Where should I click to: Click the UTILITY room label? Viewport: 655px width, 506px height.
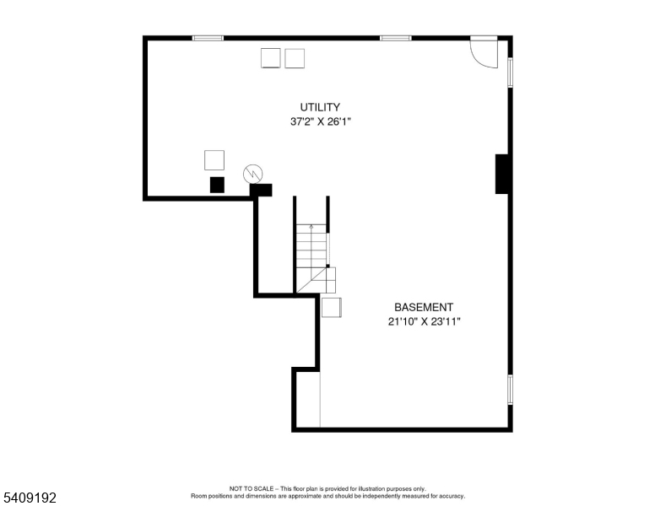click(320, 107)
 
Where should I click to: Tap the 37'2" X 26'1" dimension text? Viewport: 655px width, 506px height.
click(321, 122)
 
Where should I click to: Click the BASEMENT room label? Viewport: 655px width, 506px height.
click(424, 307)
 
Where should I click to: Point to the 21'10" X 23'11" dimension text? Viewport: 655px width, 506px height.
click(424, 322)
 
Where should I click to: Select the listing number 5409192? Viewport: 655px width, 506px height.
click(30, 498)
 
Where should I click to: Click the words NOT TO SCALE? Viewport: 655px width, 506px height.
click(251, 488)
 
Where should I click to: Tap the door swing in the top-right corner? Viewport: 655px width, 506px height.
click(484, 53)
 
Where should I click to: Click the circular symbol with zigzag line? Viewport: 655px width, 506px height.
click(253, 174)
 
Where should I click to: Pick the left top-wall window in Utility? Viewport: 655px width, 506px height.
click(208, 38)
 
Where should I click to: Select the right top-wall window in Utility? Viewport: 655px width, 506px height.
click(396, 38)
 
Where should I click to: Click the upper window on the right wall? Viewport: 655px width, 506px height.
click(510, 73)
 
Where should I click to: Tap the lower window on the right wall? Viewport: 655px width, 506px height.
click(510, 390)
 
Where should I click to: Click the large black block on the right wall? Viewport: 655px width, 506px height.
click(502, 174)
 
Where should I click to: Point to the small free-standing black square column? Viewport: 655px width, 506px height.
click(217, 185)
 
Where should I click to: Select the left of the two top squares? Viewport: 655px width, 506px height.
click(271, 58)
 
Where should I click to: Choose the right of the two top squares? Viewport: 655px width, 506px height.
click(295, 58)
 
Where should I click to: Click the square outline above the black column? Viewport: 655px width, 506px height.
click(214, 160)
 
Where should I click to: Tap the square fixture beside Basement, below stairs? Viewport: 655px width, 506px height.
click(331, 307)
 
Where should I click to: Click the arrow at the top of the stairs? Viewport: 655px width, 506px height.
click(311, 227)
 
